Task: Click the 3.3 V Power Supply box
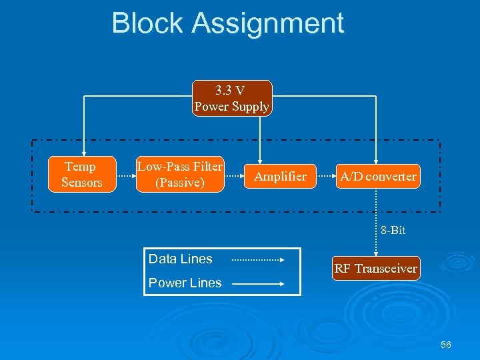pos(232,99)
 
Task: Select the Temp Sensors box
pos(81,175)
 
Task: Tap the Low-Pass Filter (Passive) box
pos(180,175)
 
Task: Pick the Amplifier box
pos(280,177)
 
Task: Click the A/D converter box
pos(378,177)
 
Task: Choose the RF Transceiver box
pos(376,269)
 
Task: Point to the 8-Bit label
pos(393,231)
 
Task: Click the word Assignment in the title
pos(268,25)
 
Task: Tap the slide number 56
pos(446,345)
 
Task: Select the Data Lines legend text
pos(180,259)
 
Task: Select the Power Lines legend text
pos(185,283)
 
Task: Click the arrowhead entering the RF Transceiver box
pos(377,253)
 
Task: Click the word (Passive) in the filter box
pos(180,183)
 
